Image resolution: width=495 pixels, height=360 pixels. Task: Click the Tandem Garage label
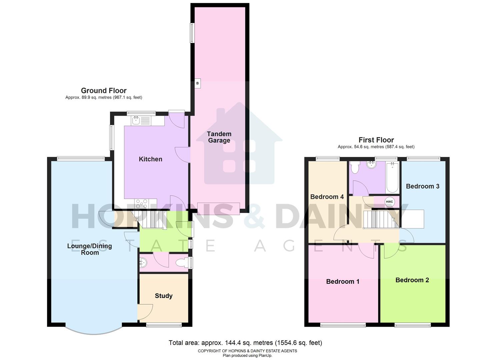tap(219, 137)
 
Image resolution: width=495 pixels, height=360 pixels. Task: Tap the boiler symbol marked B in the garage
tap(197, 83)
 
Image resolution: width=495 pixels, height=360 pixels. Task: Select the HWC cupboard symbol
tap(389, 202)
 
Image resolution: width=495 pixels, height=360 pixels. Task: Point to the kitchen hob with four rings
tap(141, 203)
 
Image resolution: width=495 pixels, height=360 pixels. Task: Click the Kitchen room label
tap(150, 159)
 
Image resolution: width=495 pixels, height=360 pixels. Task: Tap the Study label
tap(164, 296)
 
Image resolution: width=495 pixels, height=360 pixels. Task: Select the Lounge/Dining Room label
tap(90, 249)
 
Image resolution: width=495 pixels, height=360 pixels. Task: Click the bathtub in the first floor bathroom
tap(392, 177)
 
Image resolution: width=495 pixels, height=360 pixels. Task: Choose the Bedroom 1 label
tap(343, 281)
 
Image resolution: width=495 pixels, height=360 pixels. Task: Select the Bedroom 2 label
tap(412, 280)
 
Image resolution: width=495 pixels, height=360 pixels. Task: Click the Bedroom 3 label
tap(422, 186)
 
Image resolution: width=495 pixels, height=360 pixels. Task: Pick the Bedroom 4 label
tap(327, 197)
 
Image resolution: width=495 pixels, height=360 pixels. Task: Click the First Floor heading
tap(376, 140)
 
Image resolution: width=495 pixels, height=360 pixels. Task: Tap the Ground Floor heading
tap(104, 91)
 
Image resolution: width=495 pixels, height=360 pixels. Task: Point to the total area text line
tap(245, 343)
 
